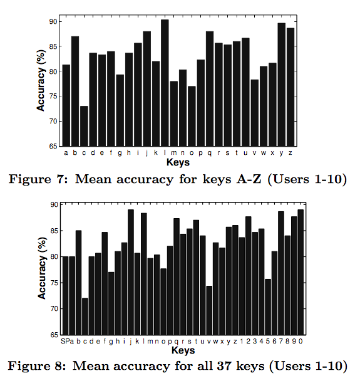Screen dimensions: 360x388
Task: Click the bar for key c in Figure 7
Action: (84, 126)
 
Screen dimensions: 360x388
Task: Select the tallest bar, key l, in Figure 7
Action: (165, 83)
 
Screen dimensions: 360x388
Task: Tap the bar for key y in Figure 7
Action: (282, 85)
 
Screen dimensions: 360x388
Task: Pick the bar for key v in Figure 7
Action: (254, 113)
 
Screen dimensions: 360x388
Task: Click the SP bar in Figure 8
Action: (66, 296)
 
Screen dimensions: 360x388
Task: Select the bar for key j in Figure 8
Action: (131, 272)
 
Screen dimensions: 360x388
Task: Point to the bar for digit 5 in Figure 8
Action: (268, 307)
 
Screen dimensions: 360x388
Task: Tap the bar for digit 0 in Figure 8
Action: (301, 272)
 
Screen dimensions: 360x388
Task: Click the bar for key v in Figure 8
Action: (209, 310)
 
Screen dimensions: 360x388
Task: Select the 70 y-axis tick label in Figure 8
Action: (54, 309)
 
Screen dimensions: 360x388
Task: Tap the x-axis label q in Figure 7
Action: (210, 153)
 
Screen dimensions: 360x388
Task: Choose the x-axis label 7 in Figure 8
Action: (281, 341)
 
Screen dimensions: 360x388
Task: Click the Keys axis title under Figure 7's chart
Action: (178, 162)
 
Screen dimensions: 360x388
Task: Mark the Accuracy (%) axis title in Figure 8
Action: (42, 268)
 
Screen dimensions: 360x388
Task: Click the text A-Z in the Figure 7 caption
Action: (249, 179)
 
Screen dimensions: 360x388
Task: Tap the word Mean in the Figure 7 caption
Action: (93, 179)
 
